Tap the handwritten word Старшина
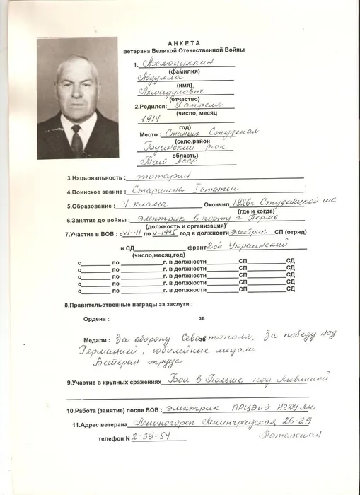(162, 190)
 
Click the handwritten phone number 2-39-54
(157, 437)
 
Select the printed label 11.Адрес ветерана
(105, 424)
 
